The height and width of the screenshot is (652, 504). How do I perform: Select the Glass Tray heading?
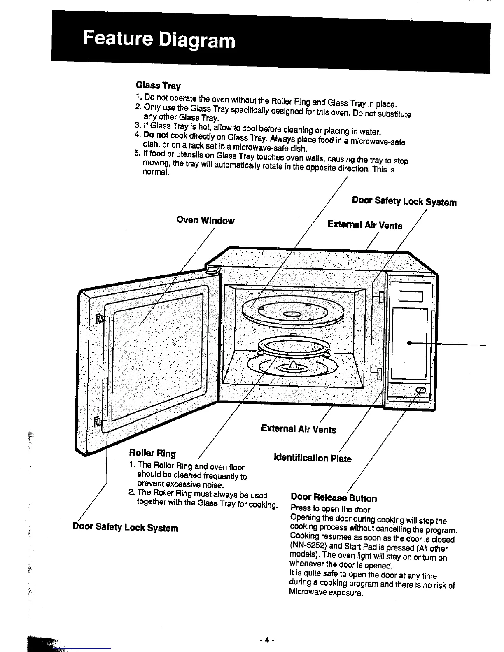pos(158,86)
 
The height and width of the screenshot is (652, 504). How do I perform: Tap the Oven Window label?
pos(205,220)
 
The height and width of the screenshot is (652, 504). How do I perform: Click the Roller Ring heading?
pos(152,453)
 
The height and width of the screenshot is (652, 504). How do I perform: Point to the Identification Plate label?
pos(313,458)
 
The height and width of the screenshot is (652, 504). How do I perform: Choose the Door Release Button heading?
pos(334,498)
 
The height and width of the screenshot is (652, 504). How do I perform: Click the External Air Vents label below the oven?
pos(299,429)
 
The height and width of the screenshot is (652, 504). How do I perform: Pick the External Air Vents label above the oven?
pos(364,225)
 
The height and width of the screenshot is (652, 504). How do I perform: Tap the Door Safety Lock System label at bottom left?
pos(125,527)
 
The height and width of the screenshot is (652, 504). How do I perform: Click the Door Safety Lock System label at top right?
pos(404,201)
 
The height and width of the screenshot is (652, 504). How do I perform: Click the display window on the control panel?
pos(410,296)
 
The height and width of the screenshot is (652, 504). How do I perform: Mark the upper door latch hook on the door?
pos(100,319)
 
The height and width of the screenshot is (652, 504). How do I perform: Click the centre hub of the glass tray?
pos(292,315)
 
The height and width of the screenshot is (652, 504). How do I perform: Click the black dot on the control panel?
pos(409,343)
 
